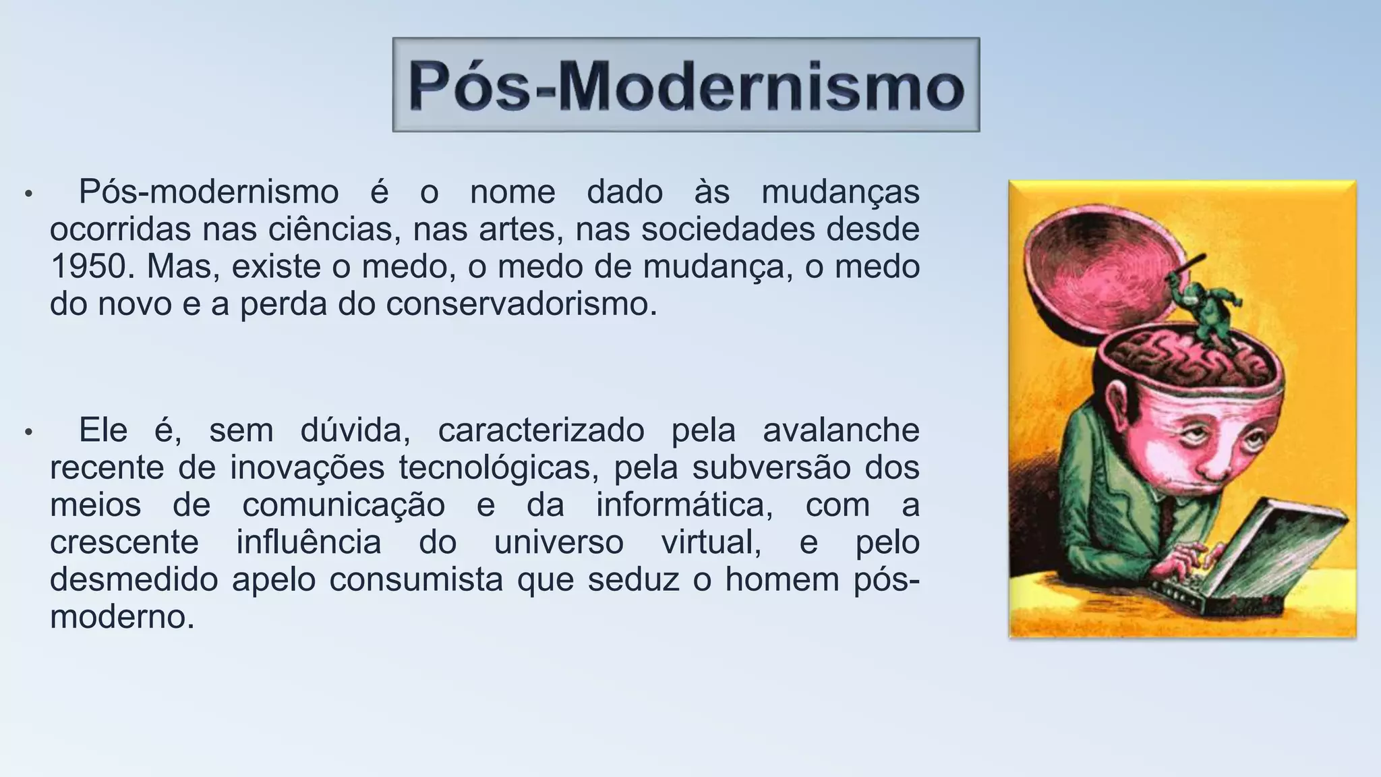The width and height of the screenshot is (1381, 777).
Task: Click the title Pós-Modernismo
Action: [686, 86]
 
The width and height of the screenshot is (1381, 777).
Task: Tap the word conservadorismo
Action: [521, 305]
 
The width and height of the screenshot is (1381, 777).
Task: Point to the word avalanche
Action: [841, 431]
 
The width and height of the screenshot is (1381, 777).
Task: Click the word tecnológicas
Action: [498, 468]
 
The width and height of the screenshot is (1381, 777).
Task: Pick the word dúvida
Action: [355, 431]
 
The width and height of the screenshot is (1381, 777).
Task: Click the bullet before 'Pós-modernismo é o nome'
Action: [28, 194]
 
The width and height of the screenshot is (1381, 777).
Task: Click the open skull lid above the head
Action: [1092, 270]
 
